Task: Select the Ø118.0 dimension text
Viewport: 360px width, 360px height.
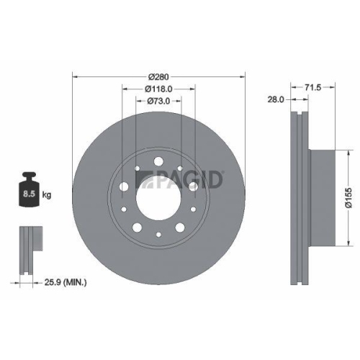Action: (158, 89)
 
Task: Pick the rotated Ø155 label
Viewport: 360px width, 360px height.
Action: (346, 195)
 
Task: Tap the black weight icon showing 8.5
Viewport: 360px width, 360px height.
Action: (29, 191)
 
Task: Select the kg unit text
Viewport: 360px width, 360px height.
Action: (48, 194)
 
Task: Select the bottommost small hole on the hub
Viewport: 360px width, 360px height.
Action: (158, 234)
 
